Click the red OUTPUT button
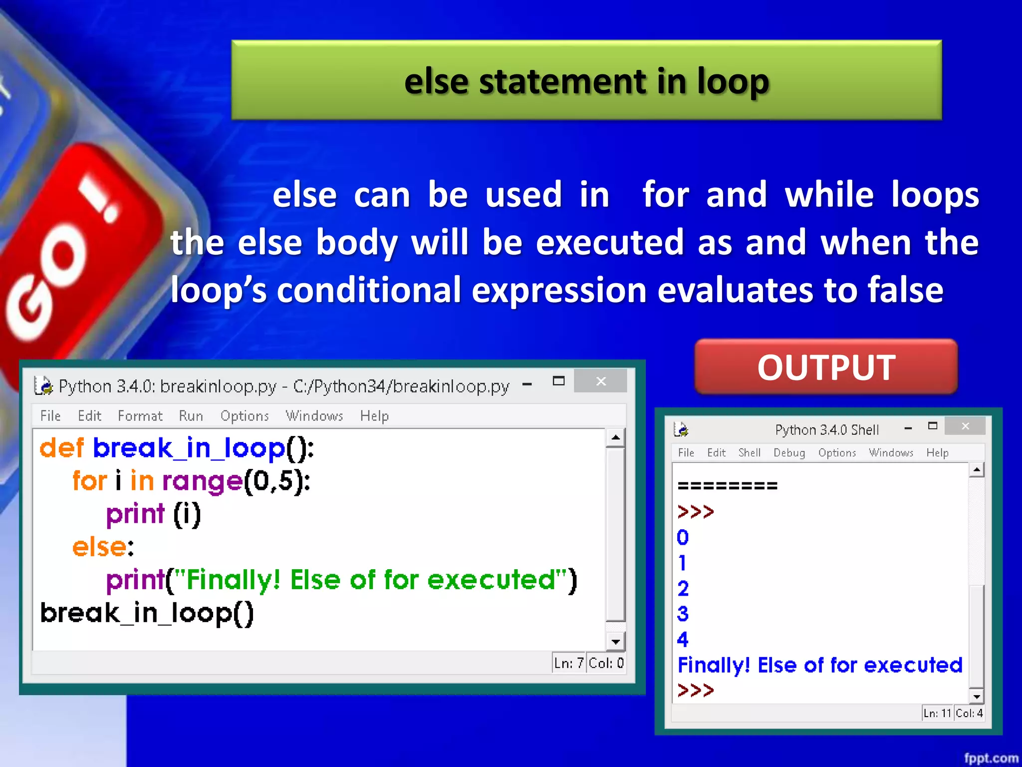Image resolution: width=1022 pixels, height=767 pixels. (826, 368)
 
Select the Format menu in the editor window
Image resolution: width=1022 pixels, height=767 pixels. (140, 416)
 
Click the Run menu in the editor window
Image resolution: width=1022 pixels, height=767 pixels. (191, 416)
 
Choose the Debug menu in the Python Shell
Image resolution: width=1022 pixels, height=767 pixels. (789, 452)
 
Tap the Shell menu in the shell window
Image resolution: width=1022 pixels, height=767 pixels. (749, 452)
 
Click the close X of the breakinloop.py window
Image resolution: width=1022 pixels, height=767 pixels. (601, 382)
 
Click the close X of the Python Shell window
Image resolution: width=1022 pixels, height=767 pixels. (965, 426)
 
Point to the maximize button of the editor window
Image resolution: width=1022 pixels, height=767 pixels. (558, 382)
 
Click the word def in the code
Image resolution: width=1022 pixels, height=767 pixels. (62, 448)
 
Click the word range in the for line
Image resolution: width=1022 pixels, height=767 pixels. (202, 481)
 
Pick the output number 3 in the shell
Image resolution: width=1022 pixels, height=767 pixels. (683, 614)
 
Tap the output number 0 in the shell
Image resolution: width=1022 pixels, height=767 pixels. (683, 537)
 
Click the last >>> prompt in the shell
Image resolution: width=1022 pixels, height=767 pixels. (696, 691)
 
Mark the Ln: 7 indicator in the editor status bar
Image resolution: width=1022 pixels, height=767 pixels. (568, 663)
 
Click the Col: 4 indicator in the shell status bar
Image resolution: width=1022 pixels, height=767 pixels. (969, 713)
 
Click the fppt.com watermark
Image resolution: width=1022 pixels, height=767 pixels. (991, 758)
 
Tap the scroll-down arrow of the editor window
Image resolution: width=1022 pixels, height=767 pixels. (616, 642)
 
